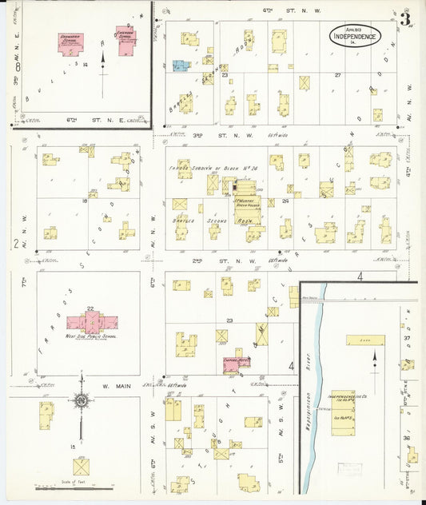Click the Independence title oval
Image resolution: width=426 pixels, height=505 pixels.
pos(356,36)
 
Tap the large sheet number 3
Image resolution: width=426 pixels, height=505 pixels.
pos(407,19)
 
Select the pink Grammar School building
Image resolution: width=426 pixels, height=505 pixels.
pos(71,44)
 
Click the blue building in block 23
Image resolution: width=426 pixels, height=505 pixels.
pos(181,66)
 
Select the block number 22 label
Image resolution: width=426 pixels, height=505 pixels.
pos(90,308)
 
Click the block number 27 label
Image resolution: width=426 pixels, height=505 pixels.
pos(337,76)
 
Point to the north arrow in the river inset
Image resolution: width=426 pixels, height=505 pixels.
pos(374,368)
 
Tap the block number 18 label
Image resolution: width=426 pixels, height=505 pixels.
pos(85,201)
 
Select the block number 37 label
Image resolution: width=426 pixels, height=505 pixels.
pos(406,338)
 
